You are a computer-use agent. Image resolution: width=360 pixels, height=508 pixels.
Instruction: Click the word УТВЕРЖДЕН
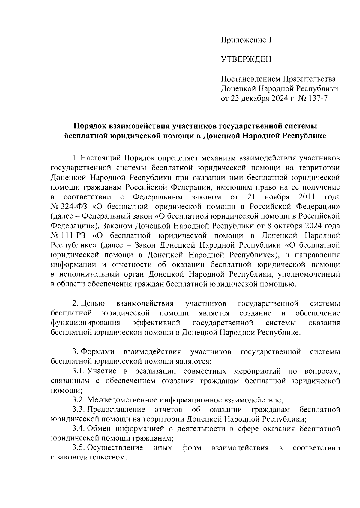click(246, 60)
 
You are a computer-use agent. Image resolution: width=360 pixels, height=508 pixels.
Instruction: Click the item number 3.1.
click(79, 371)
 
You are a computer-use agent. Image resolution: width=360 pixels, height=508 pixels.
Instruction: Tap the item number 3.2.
click(79, 400)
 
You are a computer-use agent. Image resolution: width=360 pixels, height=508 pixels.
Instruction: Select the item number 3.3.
click(79, 410)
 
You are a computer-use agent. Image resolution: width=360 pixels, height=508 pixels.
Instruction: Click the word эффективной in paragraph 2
click(156, 323)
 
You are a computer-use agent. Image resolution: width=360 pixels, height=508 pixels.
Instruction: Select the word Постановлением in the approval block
click(250, 79)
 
